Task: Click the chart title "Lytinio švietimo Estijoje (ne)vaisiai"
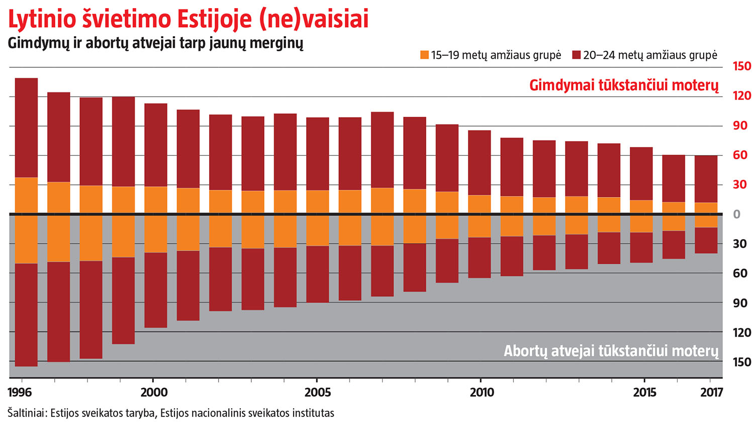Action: click(x=189, y=19)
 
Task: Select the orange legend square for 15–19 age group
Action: click(x=425, y=55)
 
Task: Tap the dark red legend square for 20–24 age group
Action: click(x=577, y=55)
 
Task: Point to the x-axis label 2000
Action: click(x=154, y=392)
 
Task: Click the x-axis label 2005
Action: click(x=318, y=392)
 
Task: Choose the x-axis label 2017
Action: click(x=711, y=392)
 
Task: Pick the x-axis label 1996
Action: click(x=20, y=392)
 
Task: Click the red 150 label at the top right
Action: click(x=741, y=66)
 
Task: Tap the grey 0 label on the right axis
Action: click(x=737, y=215)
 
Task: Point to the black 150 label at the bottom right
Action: click(x=741, y=362)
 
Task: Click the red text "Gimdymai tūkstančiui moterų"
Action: click(x=624, y=85)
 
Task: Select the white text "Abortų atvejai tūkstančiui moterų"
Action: click(x=611, y=351)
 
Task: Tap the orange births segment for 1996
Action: click(x=27, y=195)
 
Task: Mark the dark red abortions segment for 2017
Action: click(x=706, y=241)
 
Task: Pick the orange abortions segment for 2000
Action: click(x=156, y=234)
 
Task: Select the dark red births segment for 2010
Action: click(x=480, y=163)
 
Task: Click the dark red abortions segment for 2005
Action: click(x=318, y=274)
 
